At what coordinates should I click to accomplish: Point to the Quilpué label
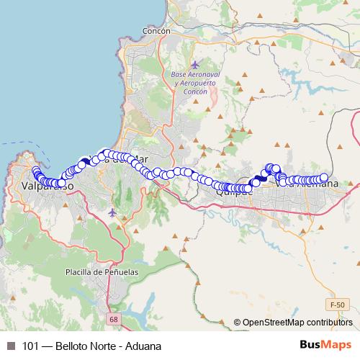coord(235,192)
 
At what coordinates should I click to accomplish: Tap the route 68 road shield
coord(113,318)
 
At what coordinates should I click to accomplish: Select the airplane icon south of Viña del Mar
coord(112,212)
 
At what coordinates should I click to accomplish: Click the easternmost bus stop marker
coord(323,178)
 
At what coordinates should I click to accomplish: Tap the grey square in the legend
coord(10,346)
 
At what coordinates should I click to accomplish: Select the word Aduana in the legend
coord(142,346)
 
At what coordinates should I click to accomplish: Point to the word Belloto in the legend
coord(78,346)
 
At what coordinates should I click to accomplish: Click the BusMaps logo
coord(325,346)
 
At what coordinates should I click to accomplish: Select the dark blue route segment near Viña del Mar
coord(86,161)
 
